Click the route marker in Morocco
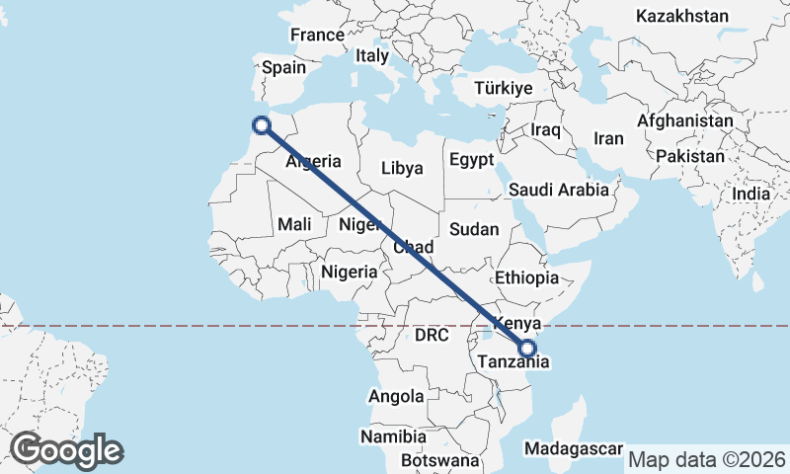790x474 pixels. click(262, 124)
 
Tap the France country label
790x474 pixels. click(317, 35)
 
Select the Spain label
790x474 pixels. click(283, 68)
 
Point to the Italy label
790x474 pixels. click(372, 55)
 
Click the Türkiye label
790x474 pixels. click(504, 88)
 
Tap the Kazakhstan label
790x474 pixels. click(682, 16)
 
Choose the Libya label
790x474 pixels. click(402, 168)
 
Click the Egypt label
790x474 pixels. click(470, 160)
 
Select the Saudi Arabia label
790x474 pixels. click(559, 190)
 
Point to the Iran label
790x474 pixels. click(608, 138)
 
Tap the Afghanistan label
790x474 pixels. click(685, 120)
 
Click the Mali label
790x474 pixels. click(294, 224)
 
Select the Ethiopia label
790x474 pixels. click(527, 277)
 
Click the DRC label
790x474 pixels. click(432, 336)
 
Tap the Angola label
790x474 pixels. click(395, 396)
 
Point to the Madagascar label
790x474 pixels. click(574, 448)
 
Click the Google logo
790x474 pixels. click(66, 450)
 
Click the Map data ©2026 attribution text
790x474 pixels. click(707, 459)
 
